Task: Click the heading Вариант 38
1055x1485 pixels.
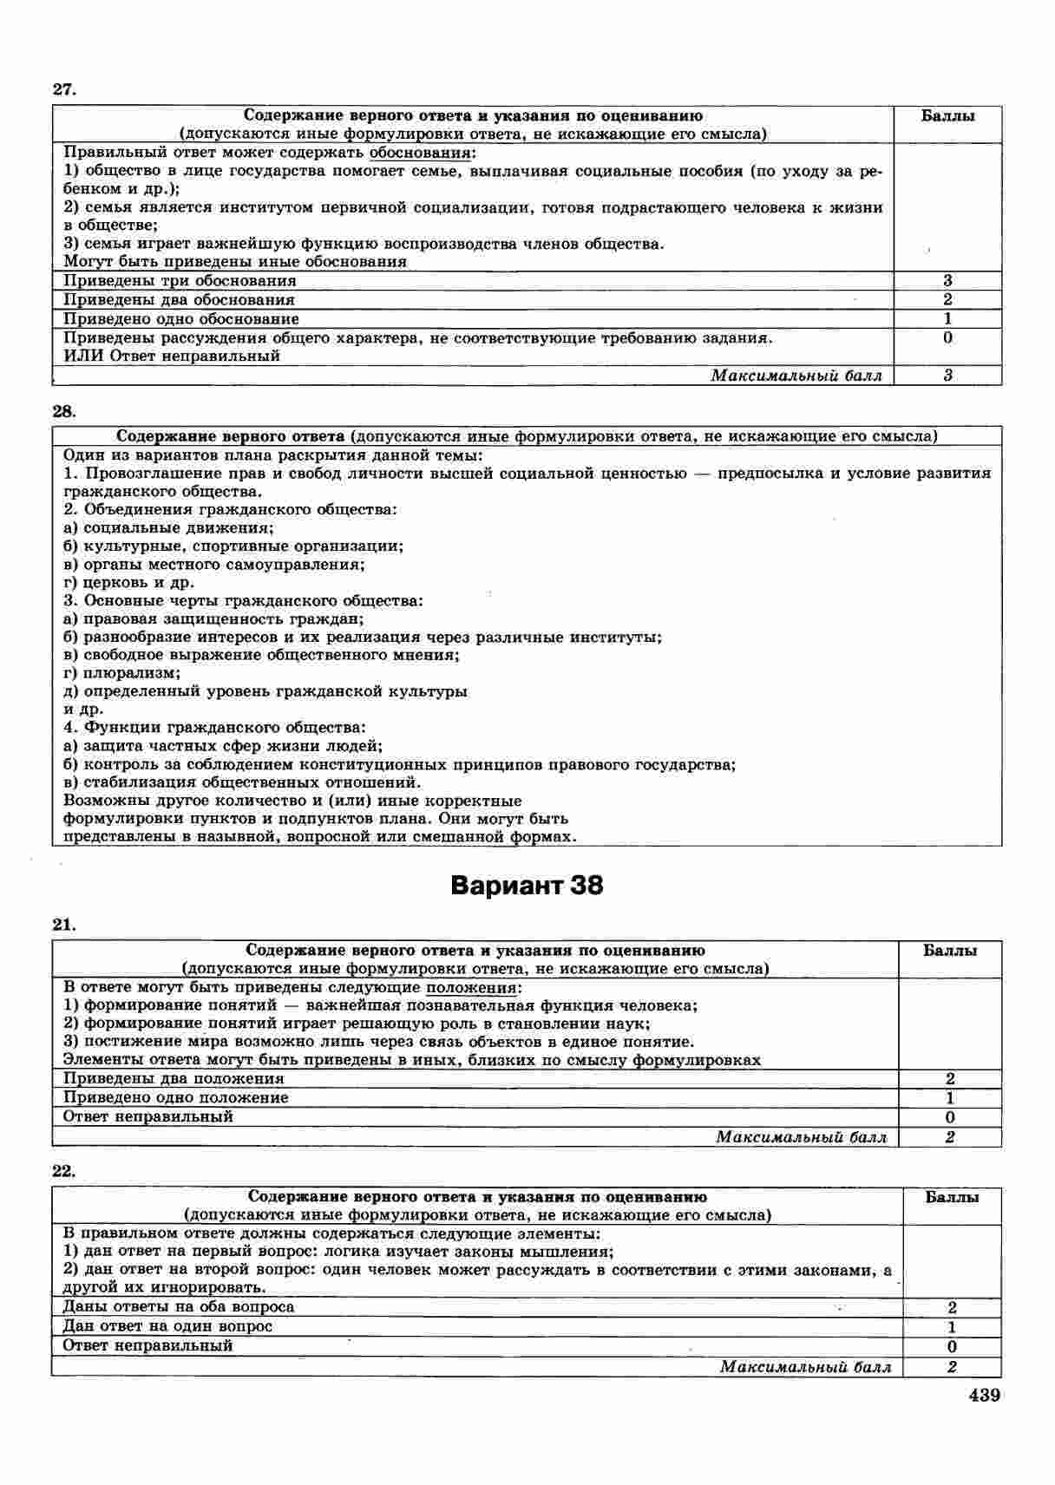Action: (x=527, y=886)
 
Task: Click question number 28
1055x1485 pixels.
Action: (x=65, y=410)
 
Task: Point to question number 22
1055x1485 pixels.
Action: (x=64, y=1171)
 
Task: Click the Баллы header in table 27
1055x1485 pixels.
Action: (x=947, y=116)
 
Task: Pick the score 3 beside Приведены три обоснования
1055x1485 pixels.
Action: (x=947, y=280)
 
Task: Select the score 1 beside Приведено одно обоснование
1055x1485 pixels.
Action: (x=947, y=318)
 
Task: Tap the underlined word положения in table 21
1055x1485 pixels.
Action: (x=471, y=987)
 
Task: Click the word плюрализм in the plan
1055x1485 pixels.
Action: (x=130, y=673)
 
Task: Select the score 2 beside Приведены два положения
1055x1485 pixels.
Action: (x=950, y=1079)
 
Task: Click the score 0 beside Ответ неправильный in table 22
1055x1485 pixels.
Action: (x=952, y=1347)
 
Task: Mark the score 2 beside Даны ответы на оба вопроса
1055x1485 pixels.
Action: (x=952, y=1307)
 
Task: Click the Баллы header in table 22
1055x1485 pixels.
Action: (x=952, y=1198)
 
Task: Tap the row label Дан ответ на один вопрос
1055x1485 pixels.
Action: (x=167, y=1326)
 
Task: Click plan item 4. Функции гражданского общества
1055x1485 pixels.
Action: (x=214, y=727)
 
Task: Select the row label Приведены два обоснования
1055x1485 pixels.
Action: (x=180, y=299)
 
